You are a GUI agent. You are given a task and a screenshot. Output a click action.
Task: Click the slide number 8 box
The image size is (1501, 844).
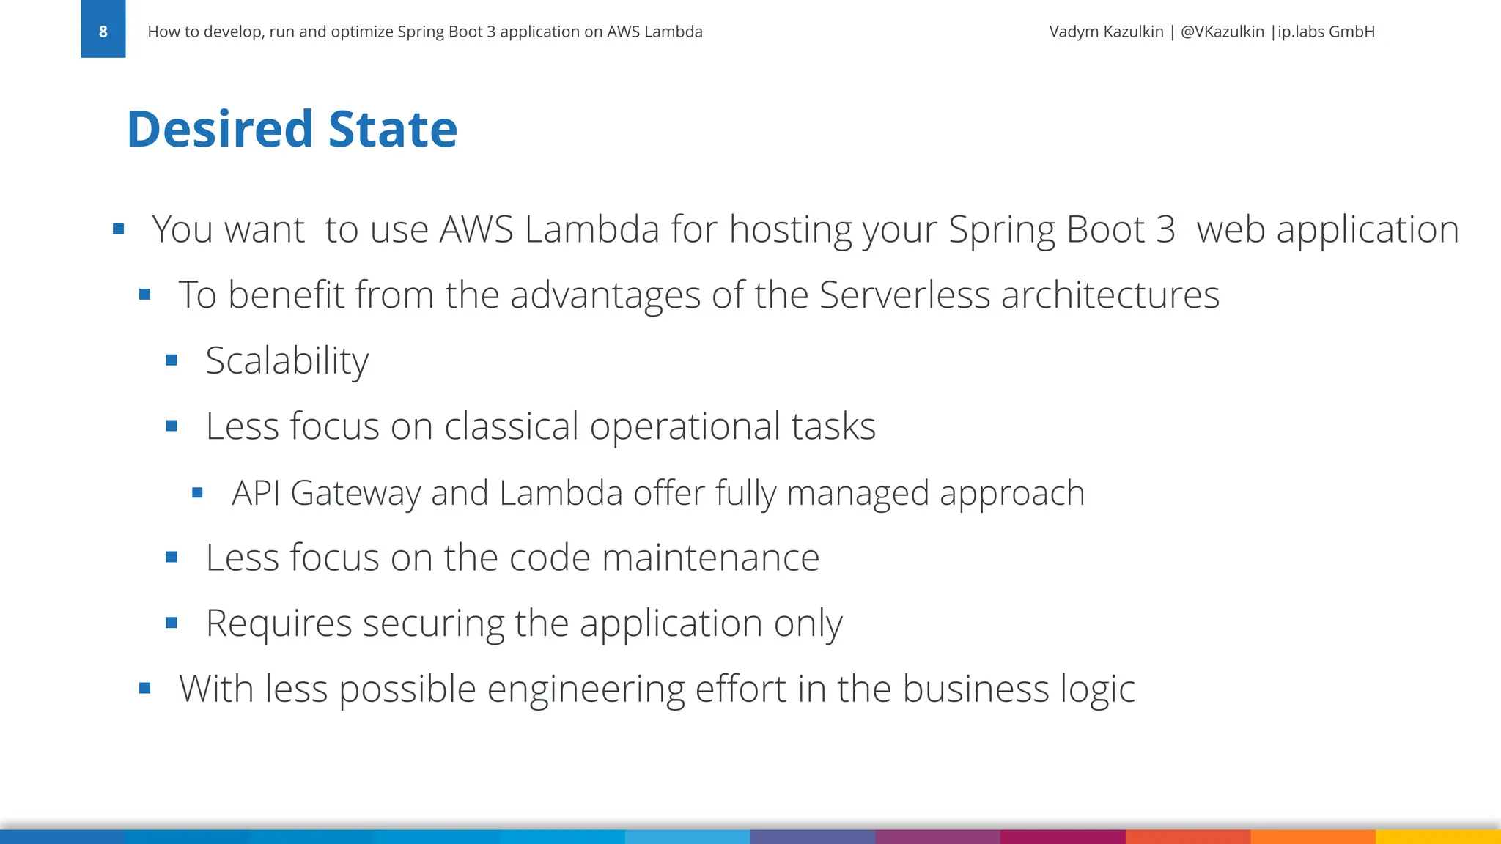tap(103, 30)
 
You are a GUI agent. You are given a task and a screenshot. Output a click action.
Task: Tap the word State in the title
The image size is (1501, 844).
tap(393, 130)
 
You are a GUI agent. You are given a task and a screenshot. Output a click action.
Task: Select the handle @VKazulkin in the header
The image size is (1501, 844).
tap(1222, 32)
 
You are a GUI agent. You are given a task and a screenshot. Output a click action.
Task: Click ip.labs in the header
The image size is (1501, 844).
tap(1301, 32)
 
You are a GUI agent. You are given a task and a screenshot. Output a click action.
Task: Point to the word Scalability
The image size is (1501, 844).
tap(287, 360)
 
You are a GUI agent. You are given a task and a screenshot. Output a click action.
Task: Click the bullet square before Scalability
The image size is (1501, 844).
tap(172, 360)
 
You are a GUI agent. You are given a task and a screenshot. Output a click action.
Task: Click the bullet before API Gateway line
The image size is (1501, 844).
tap(197, 493)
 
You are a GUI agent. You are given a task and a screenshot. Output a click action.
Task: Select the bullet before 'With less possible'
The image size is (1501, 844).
tap(145, 688)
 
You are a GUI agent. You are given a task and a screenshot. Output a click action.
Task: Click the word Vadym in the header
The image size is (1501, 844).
tap(1075, 32)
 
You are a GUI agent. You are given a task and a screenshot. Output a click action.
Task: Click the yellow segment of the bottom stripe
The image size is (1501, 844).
tap(1438, 837)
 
